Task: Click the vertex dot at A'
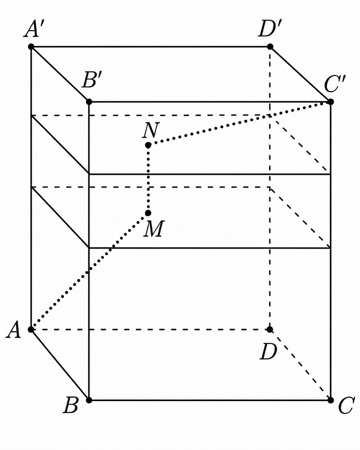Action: click(x=31, y=47)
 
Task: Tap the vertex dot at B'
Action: click(x=89, y=102)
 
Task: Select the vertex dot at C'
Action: click(x=330, y=102)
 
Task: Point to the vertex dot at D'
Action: click(x=270, y=47)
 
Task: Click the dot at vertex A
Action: click(x=31, y=330)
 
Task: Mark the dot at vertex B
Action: click(x=89, y=400)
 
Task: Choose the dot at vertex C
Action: click(x=330, y=400)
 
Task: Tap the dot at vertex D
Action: click(x=270, y=330)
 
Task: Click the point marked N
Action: click(x=148, y=145)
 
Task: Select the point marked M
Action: click(x=148, y=213)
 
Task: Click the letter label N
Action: click(x=151, y=131)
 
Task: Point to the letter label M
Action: click(x=154, y=229)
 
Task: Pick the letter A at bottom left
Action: click(x=13, y=330)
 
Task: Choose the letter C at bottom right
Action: click(x=346, y=406)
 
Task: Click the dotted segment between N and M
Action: click(x=148, y=179)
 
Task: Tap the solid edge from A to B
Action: click(x=60, y=365)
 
